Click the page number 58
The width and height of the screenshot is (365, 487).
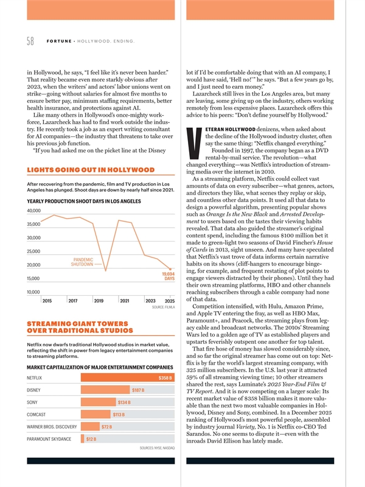pos(31,41)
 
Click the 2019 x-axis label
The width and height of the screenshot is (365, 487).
pos(99,301)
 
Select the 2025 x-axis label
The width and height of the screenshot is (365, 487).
pos(170,301)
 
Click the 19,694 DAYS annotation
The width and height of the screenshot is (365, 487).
pos(169,276)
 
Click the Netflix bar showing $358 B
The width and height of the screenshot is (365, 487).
pos(128,378)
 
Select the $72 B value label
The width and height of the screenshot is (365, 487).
pos(106,427)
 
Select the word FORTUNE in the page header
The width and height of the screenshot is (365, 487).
pos(57,41)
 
